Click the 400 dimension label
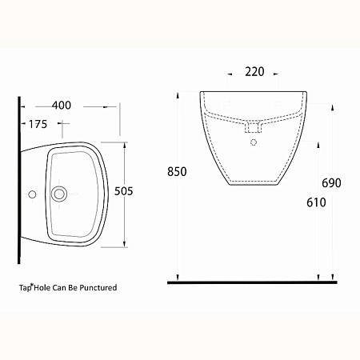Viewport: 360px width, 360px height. pos(62,106)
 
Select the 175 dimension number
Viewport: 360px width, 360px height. pos(38,124)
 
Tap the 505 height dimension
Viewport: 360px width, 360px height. pos(123,191)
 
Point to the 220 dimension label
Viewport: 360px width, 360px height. pos(254,72)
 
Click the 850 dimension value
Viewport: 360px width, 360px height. pos(177,172)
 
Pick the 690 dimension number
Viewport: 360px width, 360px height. pos(331,183)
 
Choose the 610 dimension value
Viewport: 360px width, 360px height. pos(316,202)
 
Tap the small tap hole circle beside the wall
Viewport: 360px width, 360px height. pos(32,194)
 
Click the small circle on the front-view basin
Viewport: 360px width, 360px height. pos(254,142)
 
